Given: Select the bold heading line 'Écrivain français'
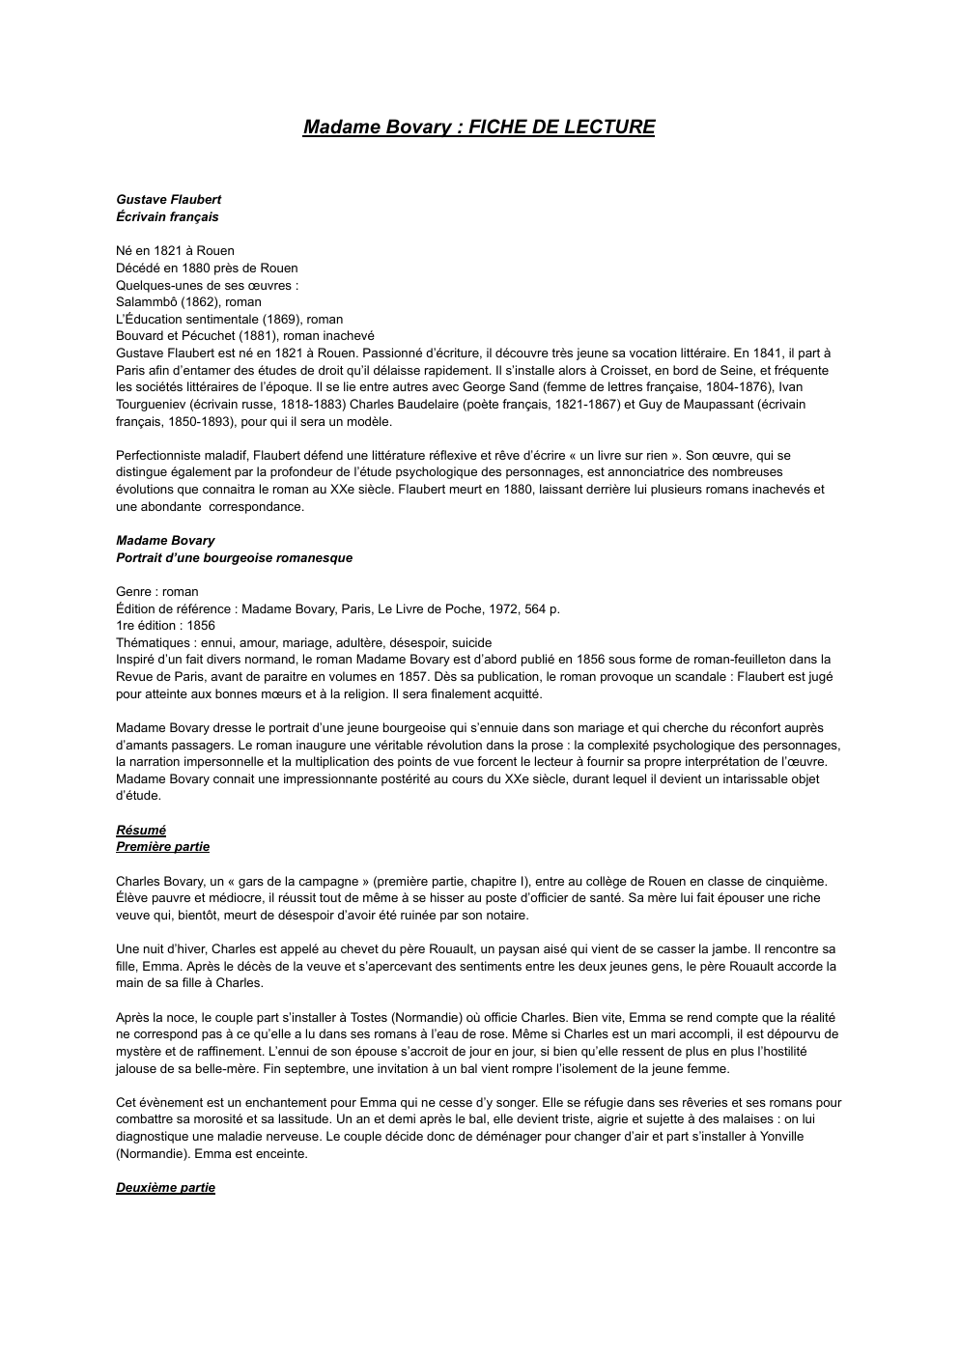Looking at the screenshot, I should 167,217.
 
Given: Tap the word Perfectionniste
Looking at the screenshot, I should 161,456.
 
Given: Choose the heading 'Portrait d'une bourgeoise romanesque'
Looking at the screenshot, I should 234,558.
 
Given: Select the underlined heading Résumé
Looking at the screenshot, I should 141,831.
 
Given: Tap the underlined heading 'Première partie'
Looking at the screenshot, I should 162,847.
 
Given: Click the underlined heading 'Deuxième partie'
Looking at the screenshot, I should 165,1188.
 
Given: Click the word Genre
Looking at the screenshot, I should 135,592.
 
